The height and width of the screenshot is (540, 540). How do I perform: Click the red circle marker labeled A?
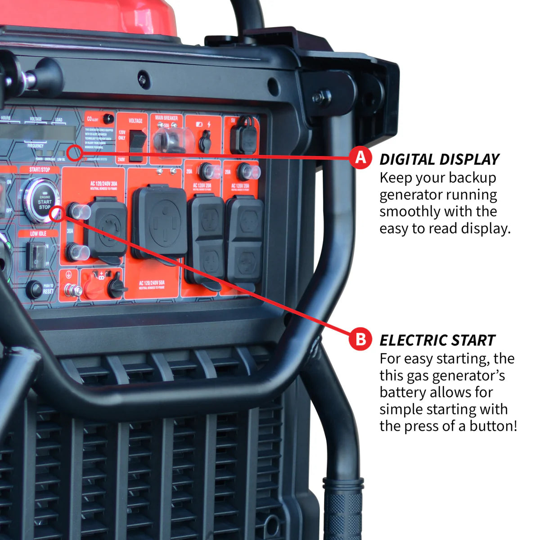point(360,158)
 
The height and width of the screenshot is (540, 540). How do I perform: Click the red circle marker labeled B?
point(360,339)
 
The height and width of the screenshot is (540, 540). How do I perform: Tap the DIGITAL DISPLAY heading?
point(439,159)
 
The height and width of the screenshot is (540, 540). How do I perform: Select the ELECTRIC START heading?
point(437,340)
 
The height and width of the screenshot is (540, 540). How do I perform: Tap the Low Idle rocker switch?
point(36,256)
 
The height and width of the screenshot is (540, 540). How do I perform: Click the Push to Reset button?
point(34,289)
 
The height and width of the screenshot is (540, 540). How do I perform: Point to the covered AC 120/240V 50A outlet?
point(160,222)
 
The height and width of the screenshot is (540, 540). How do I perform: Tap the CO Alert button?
point(108,119)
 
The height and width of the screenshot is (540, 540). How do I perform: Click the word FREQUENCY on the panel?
point(36,146)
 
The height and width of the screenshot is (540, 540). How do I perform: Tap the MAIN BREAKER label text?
point(166,118)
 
